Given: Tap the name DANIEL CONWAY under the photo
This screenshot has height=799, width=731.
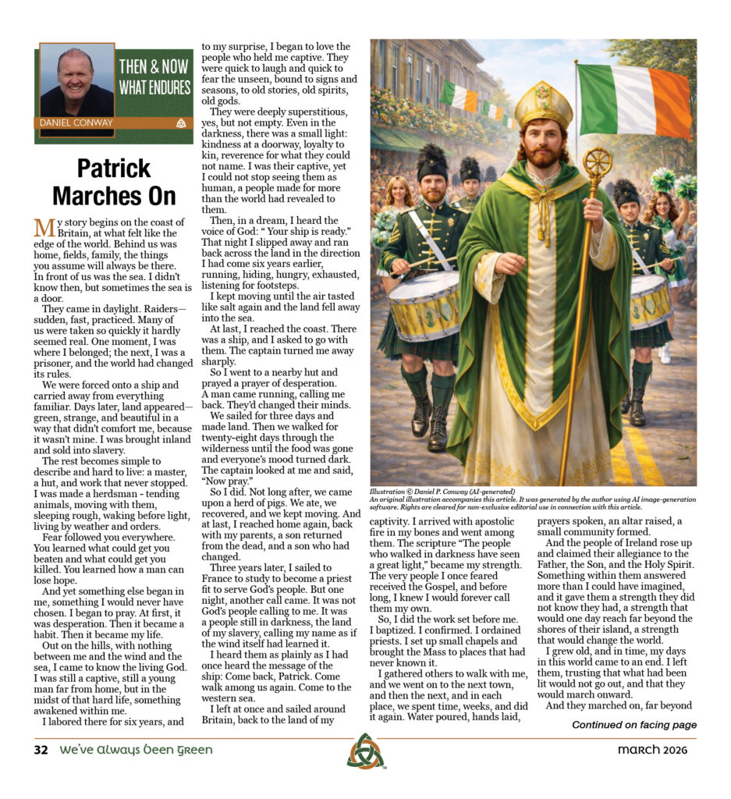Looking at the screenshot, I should tap(75, 123).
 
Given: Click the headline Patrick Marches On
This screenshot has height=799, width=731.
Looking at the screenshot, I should tap(114, 182).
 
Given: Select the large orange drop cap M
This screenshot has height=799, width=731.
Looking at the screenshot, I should tap(44, 229).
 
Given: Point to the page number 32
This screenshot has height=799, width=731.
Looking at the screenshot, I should tap(41, 750).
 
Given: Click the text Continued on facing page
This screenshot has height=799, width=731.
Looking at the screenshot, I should tap(633, 725).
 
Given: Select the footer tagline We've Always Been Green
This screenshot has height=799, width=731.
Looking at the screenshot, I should tap(137, 750).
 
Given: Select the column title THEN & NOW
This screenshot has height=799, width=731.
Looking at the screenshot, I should tap(154, 67).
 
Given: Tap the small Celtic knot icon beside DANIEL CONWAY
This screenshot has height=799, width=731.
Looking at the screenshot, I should tap(182, 123).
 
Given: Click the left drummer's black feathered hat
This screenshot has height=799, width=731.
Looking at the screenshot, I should tap(431, 162).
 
